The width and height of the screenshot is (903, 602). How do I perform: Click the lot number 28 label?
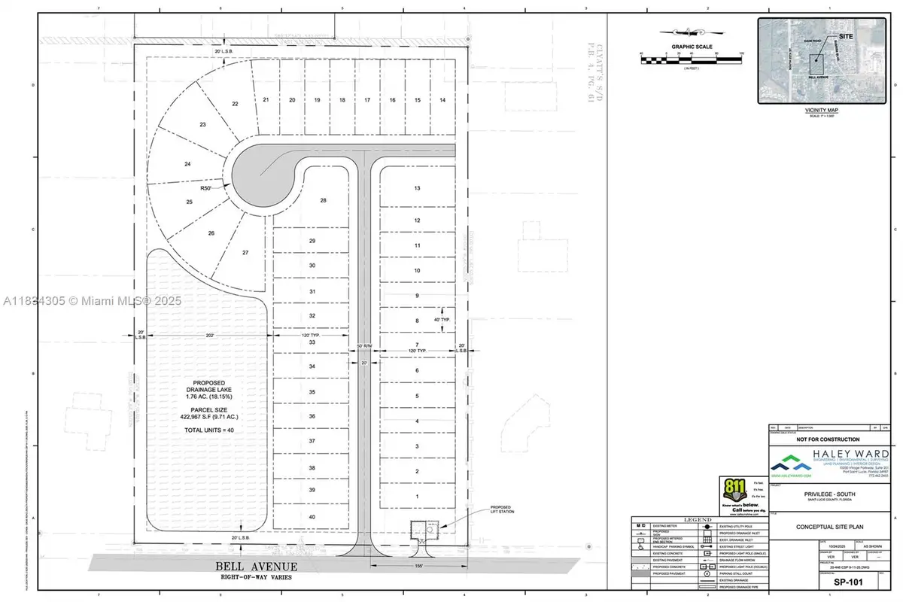pyautogui.click(x=324, y=200)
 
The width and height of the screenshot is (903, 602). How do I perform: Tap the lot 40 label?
pyautogui.click(x=312, y=516)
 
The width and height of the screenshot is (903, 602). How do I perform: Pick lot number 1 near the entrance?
pyautogui.click(x=416, y=497)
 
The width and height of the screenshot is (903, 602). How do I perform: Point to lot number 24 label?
pyautogui.click(x=187, y=163)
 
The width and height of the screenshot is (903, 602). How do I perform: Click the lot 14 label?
pyautogui.click(x=443, y=100)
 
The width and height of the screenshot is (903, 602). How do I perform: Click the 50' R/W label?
pyautogui.click(x=364, y=346)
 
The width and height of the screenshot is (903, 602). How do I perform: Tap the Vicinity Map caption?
pyautogui.click(x=821, y=110)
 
